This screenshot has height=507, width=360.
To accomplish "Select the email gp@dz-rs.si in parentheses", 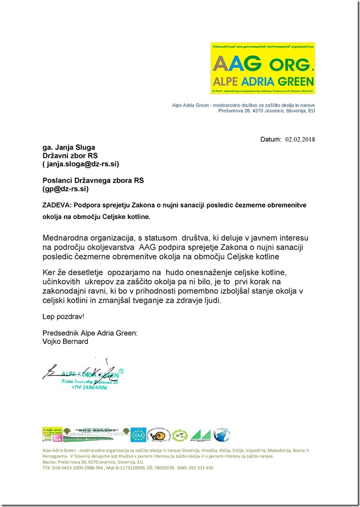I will [66, 188].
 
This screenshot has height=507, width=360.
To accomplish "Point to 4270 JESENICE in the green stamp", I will [84, 387].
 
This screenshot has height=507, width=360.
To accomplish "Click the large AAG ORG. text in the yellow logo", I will [262, 62].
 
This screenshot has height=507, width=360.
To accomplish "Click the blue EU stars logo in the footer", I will [138, 435].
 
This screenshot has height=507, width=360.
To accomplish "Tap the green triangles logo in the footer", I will [200, 435].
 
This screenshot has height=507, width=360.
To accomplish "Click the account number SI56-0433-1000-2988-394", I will [78, 467].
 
